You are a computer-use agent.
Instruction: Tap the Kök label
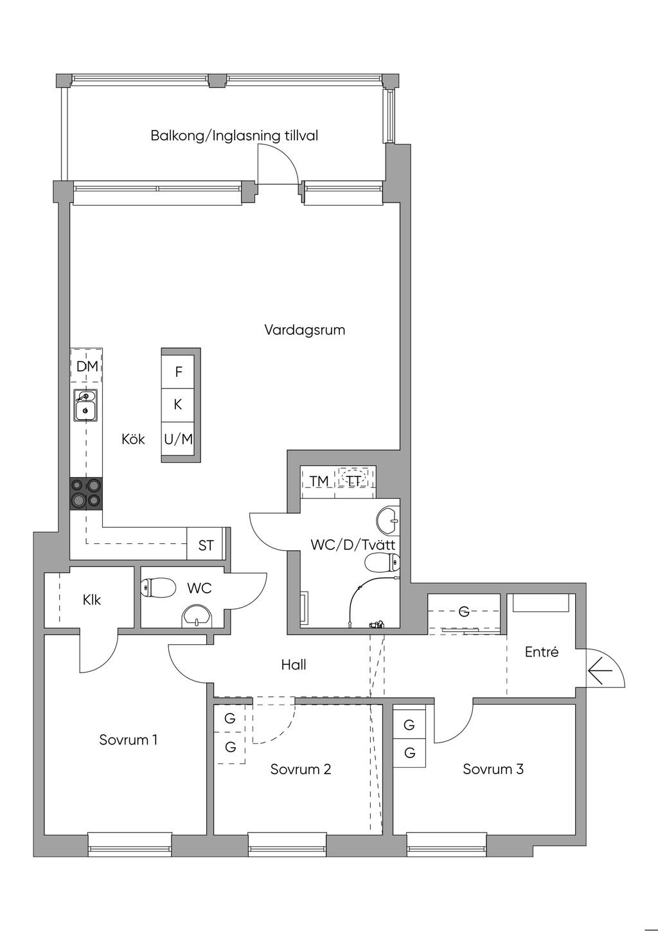click(133, 439)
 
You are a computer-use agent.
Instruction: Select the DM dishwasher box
click(86, 365)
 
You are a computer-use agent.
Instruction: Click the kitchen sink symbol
click(85, 405)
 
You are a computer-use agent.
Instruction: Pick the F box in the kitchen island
click(178, 372)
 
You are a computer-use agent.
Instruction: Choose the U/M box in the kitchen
click(178, 439)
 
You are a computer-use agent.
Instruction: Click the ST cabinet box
click(206, 545)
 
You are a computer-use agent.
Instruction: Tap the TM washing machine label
click(319, 482)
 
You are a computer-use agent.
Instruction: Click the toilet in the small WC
click(158, 587)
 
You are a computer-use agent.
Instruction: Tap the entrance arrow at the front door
click(600, 671)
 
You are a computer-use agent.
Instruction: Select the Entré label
click(541, 652)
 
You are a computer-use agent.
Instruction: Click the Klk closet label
click(92, 600)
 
